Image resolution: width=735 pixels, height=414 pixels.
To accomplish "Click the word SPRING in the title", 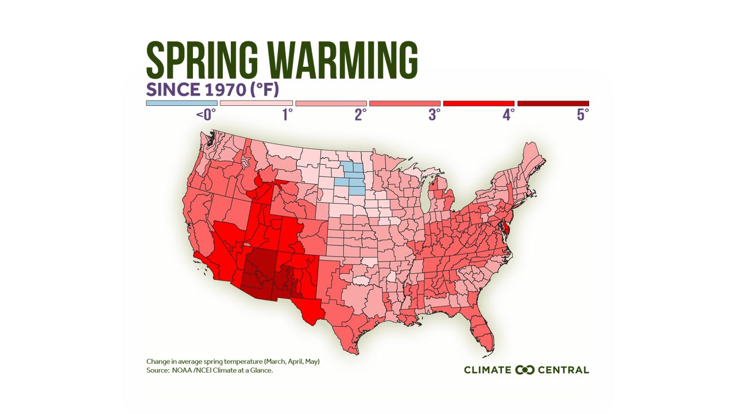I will pyautogui.click(x=202, y=60).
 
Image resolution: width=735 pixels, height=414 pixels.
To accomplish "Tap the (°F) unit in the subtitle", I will pyautogui.click(x=266, y=90).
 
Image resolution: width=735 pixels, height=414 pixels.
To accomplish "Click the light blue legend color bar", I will pyautogui.click(x=181, y=103).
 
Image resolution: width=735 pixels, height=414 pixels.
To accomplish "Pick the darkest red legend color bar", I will pyautogui.click(x=553, y=103).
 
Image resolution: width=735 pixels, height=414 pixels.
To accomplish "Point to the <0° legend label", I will pyautogui.click(x=205, y=115).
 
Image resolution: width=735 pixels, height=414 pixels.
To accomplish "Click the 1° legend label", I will pyautogui.click(x=287, y=115).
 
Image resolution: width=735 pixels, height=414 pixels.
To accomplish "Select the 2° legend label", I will pyautogui.click(x=361, y=115).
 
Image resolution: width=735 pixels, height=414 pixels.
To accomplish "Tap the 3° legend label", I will pyautogui.click(x=434, y=115).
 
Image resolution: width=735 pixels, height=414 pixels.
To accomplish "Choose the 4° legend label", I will pyautogui.click(x=508, y=115).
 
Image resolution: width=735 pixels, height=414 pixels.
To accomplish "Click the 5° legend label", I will pyautogui.click(x=583, y=115).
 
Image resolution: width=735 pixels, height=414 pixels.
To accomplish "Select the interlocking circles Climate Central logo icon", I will pyautogui.click(x=525, y=370).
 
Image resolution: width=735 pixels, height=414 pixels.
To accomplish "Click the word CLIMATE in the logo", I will pyautogui.click(x=488, y=370).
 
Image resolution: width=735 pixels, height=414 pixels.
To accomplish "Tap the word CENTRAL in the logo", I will pyautogui.click(x=563, y=370).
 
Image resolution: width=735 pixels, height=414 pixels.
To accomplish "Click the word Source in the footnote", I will pyautogui.click(x=156, y=371).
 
